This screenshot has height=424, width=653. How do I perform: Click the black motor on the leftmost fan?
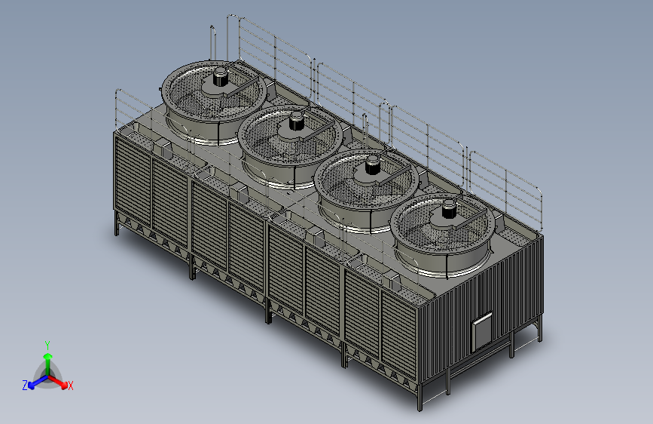[221, 77]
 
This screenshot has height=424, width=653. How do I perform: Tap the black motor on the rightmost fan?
[449, 209]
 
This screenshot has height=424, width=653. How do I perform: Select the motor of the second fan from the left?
[296, 121]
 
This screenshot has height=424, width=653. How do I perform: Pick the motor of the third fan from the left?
[372, 164]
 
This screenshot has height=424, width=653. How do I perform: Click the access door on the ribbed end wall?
[482, 332]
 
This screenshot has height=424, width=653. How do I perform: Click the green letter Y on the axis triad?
[47, 346]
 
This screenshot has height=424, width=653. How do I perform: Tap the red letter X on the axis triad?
[70, 386]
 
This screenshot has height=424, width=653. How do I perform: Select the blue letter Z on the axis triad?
[25, 386]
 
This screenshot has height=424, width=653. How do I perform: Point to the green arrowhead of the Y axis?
[48, 357]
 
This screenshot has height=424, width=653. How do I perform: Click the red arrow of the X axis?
[58, 382]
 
